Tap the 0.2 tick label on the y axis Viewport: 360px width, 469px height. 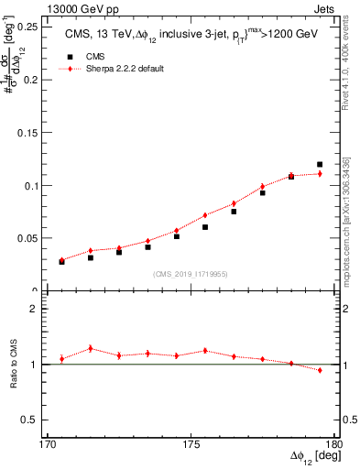point(35,80)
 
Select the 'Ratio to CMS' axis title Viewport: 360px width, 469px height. point(16,365)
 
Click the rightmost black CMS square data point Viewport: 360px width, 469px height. point(320,165)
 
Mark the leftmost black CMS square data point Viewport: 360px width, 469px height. point(61,261)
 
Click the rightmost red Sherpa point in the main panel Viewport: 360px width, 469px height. point(320,173)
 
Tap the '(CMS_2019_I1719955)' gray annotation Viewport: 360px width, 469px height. point(191,273)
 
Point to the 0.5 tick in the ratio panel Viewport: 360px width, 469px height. point(35,420)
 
